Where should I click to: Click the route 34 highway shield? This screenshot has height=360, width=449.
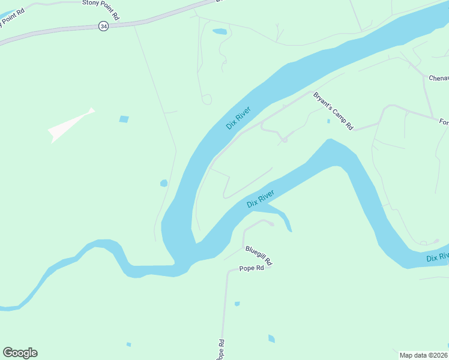(103, 26)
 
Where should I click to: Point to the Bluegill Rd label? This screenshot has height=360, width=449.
(259, 256)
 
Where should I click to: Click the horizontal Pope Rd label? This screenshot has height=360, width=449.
(252, 268)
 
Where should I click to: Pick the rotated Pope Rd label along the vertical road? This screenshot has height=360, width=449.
(220, 349)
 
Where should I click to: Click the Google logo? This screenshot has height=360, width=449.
(20, 353)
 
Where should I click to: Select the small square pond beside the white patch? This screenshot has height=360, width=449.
(124, 119)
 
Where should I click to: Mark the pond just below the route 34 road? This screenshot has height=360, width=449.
(220, 31)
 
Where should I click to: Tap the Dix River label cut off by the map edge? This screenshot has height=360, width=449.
(438, 257)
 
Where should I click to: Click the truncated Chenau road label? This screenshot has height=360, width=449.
(438, 78)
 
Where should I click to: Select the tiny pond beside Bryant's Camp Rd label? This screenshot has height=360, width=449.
(328, 121)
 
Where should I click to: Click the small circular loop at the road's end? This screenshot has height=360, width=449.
(206, 100)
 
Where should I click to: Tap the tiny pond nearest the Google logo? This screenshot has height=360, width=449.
(128, 344)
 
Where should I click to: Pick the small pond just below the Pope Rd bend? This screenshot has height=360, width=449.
(237, 304)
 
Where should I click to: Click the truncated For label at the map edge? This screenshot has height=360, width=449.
(444, 122)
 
